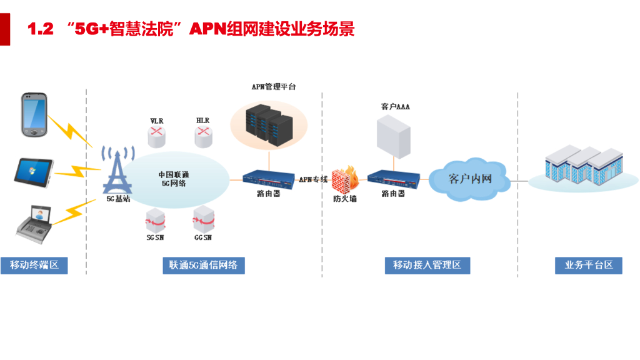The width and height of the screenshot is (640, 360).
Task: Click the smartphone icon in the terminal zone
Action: [35, 114]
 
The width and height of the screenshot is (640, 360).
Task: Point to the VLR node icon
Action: [157, 133]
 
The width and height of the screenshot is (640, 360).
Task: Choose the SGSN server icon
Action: [154, 219]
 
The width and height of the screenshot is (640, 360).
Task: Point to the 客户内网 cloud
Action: [469, 179]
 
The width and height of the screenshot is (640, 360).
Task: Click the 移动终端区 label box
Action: [34, 265]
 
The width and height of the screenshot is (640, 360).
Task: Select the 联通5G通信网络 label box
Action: [204, 265]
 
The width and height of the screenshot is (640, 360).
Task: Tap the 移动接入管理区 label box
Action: [427, 265]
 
